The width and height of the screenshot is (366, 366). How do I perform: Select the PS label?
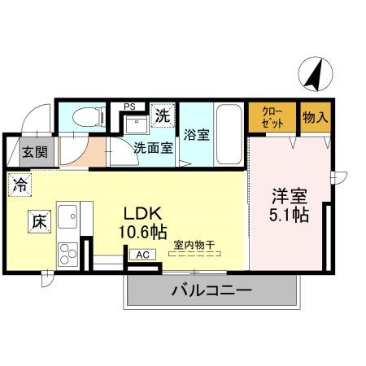[x=129, y=106]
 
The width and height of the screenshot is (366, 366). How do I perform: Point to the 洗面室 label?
[x=153, y=148]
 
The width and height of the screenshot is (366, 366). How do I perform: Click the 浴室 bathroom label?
[x=196, y=135]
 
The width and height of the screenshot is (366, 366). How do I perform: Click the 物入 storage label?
[x=316, y=118]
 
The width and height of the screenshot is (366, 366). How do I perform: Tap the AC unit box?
[x=142, y=255]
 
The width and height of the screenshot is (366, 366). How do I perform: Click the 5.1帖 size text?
[x=289, y=216]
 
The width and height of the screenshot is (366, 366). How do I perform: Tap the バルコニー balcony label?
[x=211, y=290]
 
